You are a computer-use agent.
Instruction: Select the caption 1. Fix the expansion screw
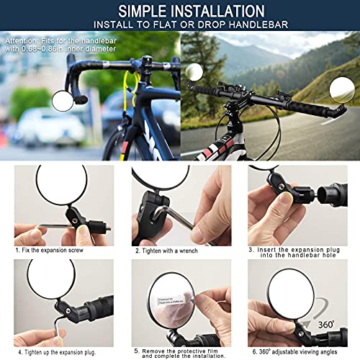point(50,251)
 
